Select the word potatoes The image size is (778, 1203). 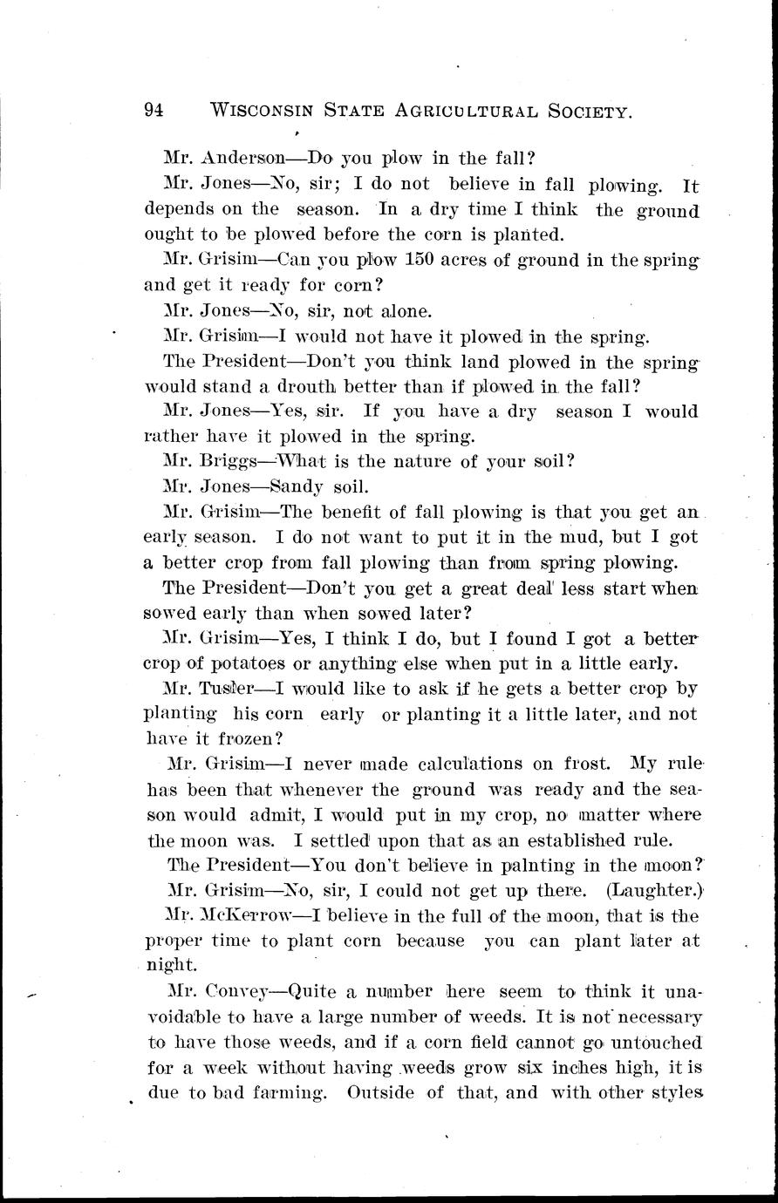click(x=215, y=663)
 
